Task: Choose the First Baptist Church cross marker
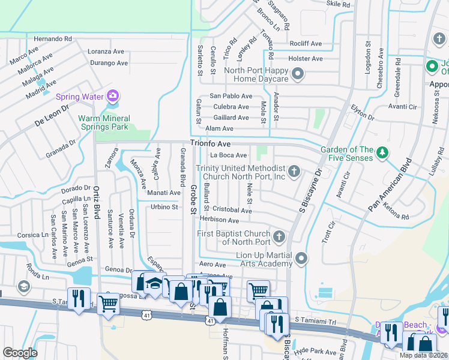[279, 238]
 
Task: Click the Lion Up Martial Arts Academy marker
[301, 258]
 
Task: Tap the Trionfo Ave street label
[210, 144]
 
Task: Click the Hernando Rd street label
[53, 38]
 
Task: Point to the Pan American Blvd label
[391, 184]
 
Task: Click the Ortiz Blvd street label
[96, 207]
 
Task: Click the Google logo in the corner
[20, 353]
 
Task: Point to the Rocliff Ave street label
[305, 44]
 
